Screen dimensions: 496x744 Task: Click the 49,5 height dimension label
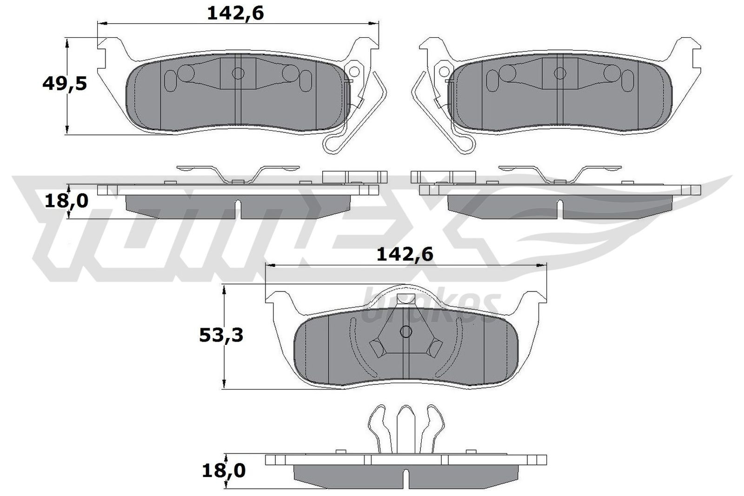(x=65, y=85)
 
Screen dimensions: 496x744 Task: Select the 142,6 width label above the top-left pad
(x=235, y=14)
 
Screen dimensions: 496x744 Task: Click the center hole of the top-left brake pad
(x=238, y=73)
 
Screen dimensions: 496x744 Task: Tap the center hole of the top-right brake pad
(x=560, y=73)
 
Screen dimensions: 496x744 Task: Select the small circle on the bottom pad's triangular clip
(x=405, y=331)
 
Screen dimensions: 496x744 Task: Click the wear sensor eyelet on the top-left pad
(x=356, y=72)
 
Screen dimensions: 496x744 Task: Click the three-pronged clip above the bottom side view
(x=405, y=428)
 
